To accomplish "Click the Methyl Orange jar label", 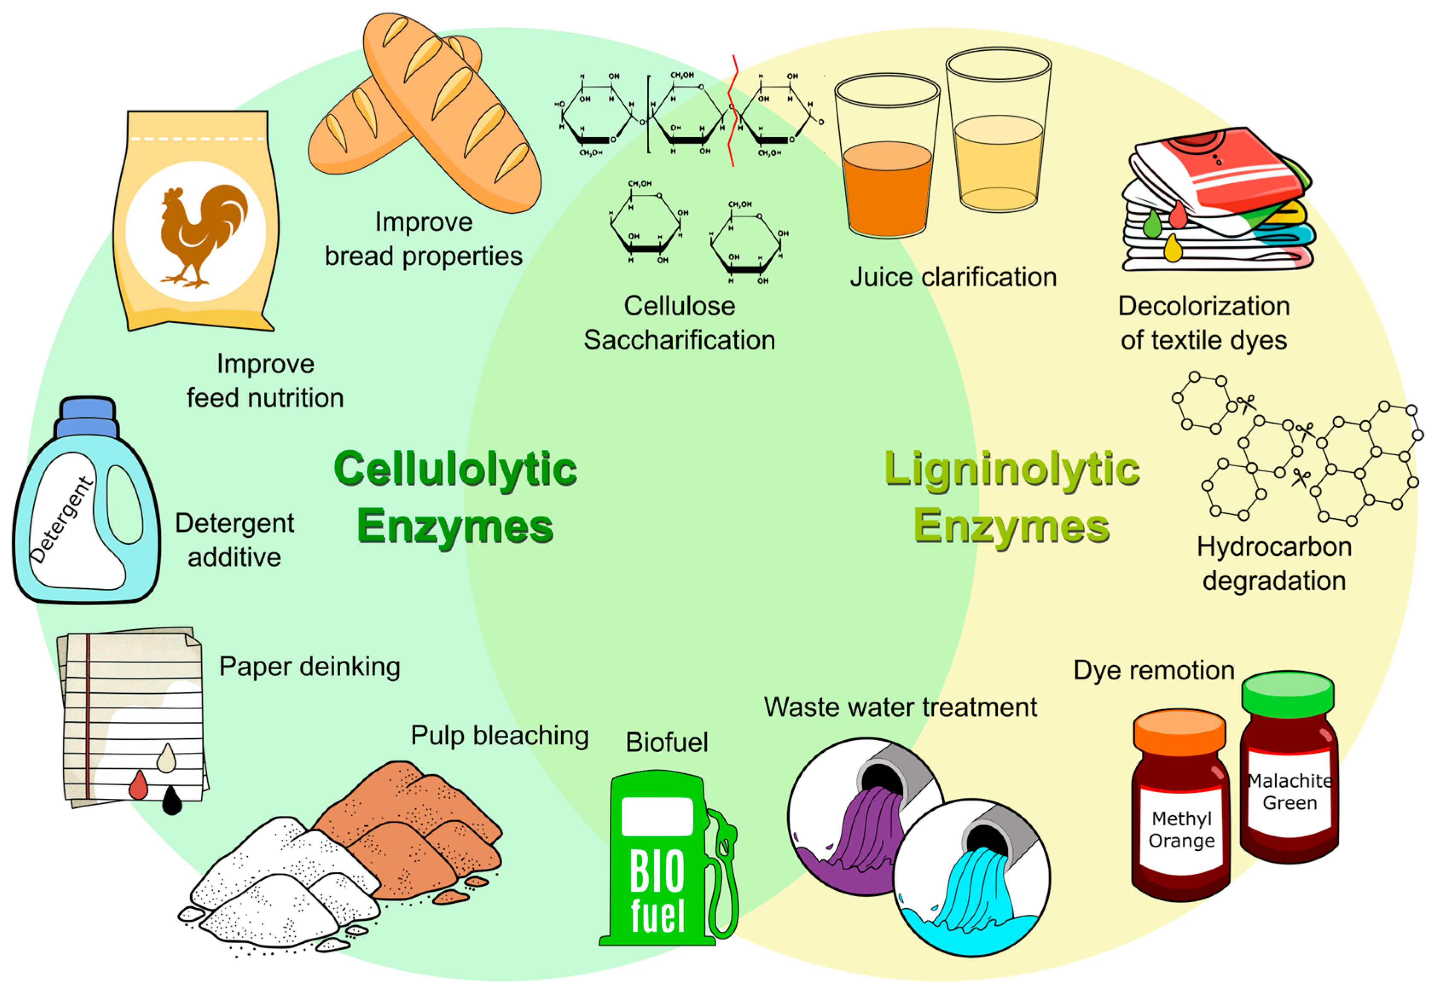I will pyautogui.click(x=1181, y=829).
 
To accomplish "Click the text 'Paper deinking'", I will pyautogui.click(x=309, y=667).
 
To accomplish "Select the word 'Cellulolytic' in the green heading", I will pyautogui.click(x=455, y=470).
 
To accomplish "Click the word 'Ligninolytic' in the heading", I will pyautogui.click(x=1011, y=470).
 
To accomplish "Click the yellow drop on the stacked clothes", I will pyautogui.click(x=1173, y=248).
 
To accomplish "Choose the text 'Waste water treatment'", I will pyautogui.click(x=900, y=708).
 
